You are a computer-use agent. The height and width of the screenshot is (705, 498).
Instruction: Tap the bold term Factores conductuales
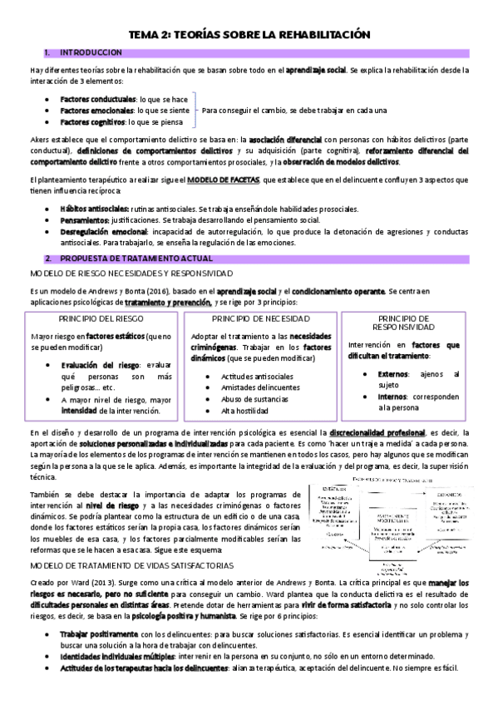98,100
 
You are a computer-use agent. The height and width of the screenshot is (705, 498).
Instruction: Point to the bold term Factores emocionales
98,111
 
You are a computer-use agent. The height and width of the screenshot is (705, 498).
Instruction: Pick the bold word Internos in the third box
393,397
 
